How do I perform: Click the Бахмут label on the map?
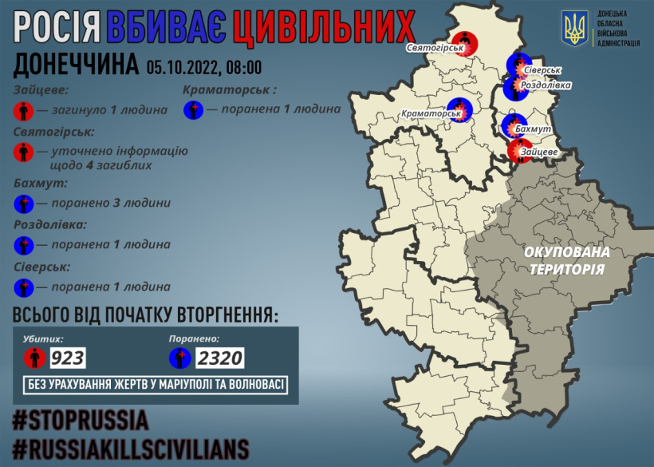(541, 128)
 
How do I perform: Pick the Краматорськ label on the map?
(433, 114)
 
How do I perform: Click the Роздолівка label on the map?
(545, 85)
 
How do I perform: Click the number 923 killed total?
(68, 357)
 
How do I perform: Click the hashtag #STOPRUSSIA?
(81, 419)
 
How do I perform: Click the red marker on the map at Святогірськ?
(463, 42)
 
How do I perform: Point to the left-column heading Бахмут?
(40, 183)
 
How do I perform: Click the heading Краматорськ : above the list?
(229, 90)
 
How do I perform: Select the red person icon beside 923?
(34, 357)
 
